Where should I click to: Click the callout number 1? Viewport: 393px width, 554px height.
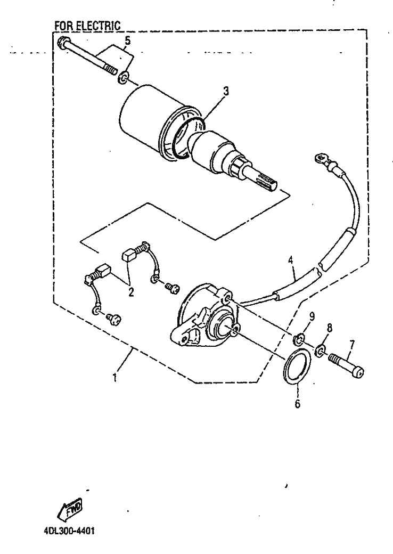(114, 378)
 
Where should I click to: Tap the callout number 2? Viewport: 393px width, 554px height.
(131, 292)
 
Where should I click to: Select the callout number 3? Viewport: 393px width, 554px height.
(226, 91)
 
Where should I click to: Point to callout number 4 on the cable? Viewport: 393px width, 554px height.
(291, 261)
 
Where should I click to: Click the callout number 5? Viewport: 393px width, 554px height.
(127, 40)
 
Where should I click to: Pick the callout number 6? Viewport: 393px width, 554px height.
(297, 404)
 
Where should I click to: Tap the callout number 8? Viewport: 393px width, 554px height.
(330, 328)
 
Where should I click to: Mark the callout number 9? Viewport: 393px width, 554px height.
(312, 316)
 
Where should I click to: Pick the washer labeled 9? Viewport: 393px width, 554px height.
(298, 340)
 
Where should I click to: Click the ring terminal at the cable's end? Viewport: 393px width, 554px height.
(320, 158)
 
